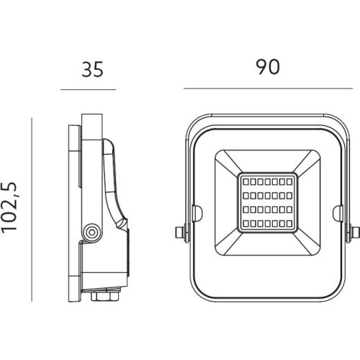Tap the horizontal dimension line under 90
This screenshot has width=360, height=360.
(268, 89)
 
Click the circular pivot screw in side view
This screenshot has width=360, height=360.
(91, 232)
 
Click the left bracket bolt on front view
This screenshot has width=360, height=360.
(181, 232)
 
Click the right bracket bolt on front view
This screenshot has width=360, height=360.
(354, 232)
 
